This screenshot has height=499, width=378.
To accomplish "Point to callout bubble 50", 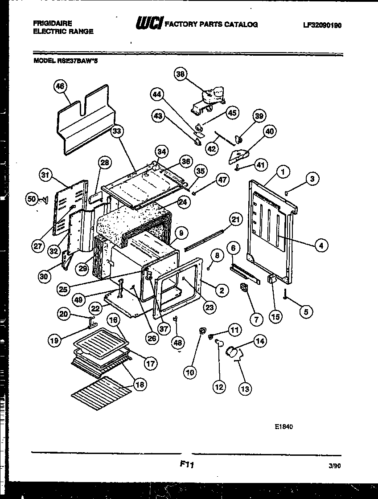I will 31,200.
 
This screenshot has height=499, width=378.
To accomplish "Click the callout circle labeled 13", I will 245,389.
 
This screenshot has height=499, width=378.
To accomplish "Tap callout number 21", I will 235,219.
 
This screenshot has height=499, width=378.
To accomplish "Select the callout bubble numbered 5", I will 306,312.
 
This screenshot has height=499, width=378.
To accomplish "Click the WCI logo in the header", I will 149,24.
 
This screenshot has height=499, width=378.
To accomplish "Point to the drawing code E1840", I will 283,426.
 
